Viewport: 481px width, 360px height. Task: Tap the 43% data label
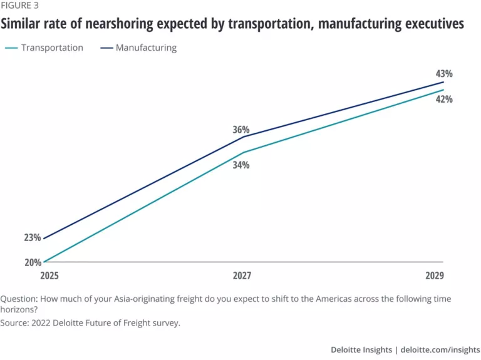pyautogui.click(x=445, y=73)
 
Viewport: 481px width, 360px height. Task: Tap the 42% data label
pyautogui.click(x=445, y=99)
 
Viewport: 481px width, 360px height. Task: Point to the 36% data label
pyautogui.click(x=241, y=130)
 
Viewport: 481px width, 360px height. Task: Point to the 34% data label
pyautogui.click(x=241, y=165)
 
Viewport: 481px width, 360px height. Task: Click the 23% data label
pyautogui.click(x=33, y=237)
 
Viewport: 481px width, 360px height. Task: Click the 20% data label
pyautogui.click(x=33, y=262)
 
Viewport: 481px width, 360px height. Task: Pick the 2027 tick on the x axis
pyautogui.click(x=243, y=275)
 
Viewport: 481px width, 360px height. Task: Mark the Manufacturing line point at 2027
pyautogui.click(x=243, y=136)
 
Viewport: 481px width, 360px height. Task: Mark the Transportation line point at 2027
pyautogui.click(x=243, y=152)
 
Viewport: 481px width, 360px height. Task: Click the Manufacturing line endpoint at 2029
pyautogui.click(x=443, y=82)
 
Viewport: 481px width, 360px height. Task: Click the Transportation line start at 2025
pyautogui.click(x=44, y=262)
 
